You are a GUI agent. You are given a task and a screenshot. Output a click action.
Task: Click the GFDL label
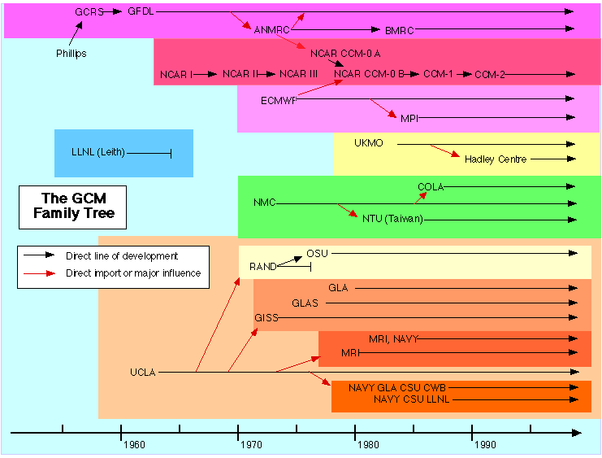click(141, 11)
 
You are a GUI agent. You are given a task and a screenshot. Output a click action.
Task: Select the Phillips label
click(71, 54)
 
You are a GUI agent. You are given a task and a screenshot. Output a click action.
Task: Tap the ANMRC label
click(272, 30)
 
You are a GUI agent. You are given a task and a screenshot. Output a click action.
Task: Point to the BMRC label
click(399, 30)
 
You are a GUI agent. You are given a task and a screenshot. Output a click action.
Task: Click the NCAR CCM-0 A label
click(345, 54)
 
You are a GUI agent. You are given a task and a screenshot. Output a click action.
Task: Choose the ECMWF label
click(279, 101)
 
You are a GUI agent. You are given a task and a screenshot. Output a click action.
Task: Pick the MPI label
click(409, 119)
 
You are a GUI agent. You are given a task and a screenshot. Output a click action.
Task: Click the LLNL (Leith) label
click(98, 152)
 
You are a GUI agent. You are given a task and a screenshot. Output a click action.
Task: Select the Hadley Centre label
click(496, 159)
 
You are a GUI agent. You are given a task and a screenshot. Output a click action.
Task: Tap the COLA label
click(431, 187)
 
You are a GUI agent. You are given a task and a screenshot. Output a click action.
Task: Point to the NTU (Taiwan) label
click(392, 219)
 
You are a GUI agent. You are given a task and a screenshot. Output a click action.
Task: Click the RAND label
click(263, 267)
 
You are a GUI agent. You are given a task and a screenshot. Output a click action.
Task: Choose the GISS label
click(266, 318)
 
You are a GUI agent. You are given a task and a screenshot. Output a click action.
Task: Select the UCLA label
click(143, 373)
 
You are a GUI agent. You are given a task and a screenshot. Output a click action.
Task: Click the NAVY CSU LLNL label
click(412, 399)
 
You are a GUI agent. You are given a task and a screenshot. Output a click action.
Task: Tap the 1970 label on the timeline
click(251, 445)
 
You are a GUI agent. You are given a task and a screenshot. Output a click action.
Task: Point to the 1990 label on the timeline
click(485, 445)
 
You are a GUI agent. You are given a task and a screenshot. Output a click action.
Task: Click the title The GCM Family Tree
click(74, 205)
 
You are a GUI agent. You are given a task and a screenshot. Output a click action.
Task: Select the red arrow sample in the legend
click(39, 273)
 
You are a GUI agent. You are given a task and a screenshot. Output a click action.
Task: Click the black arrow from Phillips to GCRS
click(76, 33)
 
